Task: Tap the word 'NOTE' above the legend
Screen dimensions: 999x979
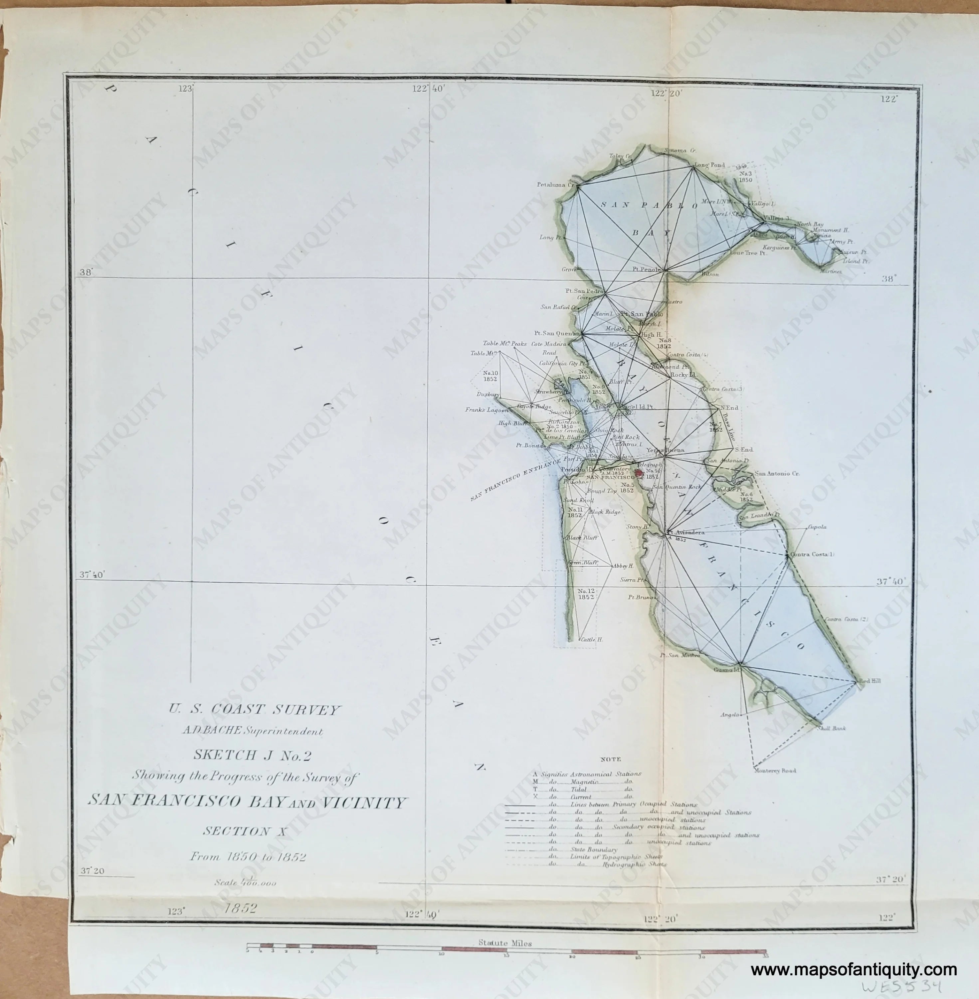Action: [610, 759]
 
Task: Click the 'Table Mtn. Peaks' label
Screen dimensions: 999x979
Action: [504, 343]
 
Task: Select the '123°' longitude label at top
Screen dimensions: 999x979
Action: [185, 89]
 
